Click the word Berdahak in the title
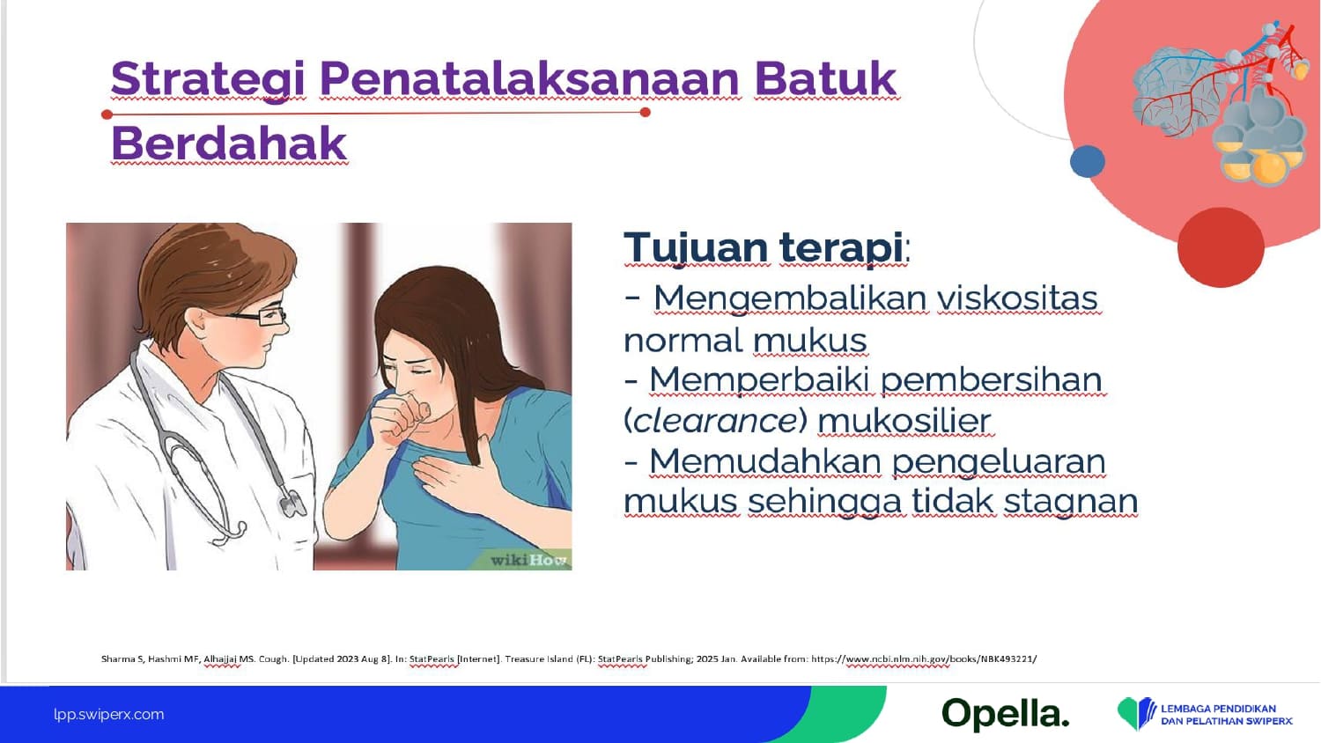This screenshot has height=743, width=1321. (x=228, y=143)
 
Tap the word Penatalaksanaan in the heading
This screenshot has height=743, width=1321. (x=529, y=78)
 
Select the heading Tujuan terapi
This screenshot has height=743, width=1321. (x=766, y=247)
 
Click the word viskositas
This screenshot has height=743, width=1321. (x=1017, y=298)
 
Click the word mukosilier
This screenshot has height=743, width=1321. (x=904, y=421)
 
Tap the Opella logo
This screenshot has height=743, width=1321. (x=1006, y=714)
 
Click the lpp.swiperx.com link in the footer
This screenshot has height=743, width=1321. (x=109, y=714)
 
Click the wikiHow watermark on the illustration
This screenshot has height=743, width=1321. (x=529, y=560)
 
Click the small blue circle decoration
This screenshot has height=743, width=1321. (x=1087, y=161)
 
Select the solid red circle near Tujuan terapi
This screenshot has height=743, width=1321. (x=1221, y=247)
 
